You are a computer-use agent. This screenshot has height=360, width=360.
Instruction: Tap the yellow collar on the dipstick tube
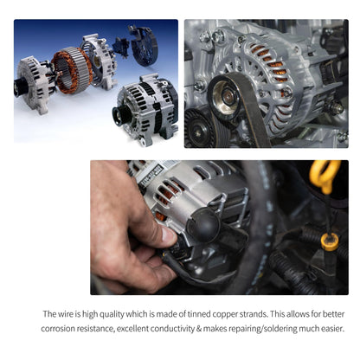pyautogui.click(x=330, y=241)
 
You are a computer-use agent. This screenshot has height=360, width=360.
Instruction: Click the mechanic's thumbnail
pyautogui.click(x=168, y=235)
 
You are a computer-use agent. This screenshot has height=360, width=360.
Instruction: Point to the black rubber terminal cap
pyautogui.click(x=203, y=224)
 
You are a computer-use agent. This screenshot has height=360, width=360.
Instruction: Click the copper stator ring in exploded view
pyautogui.click(x=72, y=70)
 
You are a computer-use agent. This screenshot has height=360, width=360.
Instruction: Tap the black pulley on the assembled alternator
pyautogui.click(x=120, y=115)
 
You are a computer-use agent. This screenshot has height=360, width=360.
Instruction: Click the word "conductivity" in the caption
pyautogui.click(x=172, y=329)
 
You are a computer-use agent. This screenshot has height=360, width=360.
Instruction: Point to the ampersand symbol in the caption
pyautogui.click(x=199, y=329)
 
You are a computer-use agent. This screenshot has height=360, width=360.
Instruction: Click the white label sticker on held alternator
pyautogui.click(x=151, y=174)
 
